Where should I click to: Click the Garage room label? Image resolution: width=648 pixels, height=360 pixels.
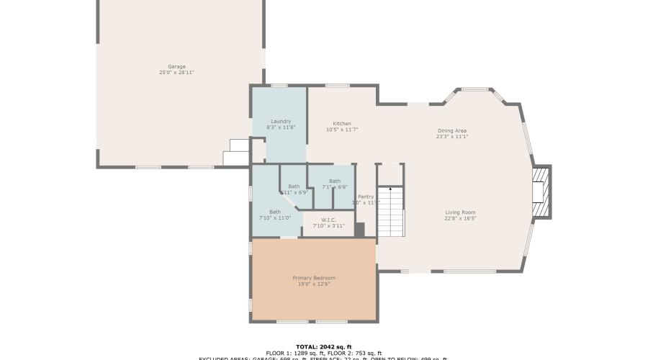click(176, 66)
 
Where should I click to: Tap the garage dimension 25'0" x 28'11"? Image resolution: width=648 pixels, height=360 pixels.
click(176, 73)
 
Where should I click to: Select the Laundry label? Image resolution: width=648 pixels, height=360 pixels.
click(281, 121)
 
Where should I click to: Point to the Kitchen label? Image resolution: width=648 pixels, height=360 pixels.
click(342, 123)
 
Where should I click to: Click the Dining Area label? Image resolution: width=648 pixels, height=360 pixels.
click(452, 130)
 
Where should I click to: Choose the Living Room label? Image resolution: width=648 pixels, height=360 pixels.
click(460, 212)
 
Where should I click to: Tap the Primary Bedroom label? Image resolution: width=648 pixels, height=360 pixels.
click(314, 278)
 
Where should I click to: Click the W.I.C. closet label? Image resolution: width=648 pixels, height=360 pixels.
click(329, 220)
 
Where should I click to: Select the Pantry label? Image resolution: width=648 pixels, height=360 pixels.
click(366, 197)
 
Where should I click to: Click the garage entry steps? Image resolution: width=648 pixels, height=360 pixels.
click(235, 153)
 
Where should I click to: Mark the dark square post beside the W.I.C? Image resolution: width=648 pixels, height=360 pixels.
click(359, 229)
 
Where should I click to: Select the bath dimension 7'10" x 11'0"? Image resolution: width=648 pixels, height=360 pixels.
click(274, 218)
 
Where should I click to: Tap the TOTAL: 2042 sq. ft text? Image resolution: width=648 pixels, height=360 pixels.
click(324, 347)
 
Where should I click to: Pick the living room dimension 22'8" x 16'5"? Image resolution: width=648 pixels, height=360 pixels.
click(460, 218)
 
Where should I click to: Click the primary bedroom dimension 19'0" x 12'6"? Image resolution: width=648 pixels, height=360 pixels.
click(314, 284)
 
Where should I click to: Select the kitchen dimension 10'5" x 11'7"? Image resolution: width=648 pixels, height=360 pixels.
click(342, 130)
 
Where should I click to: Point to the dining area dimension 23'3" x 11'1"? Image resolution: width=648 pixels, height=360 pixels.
click(452, 137)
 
